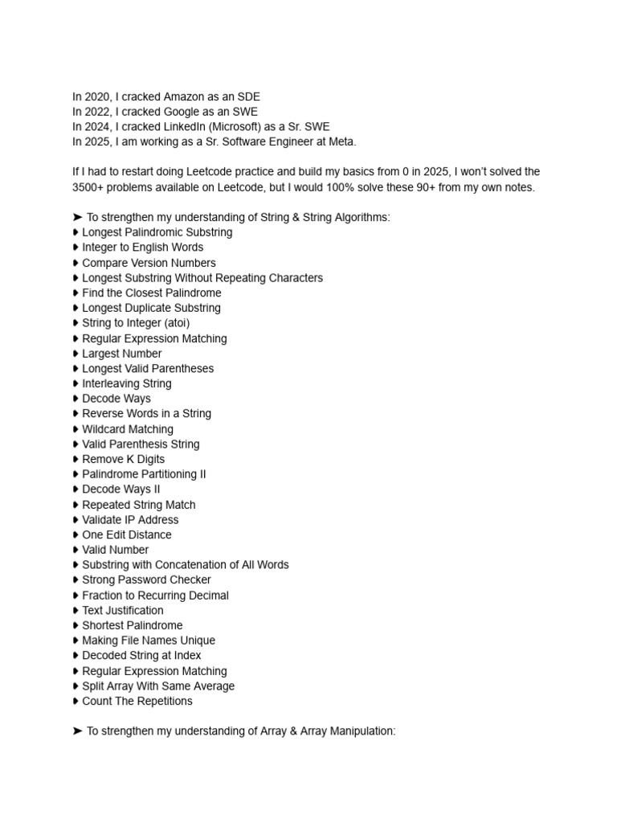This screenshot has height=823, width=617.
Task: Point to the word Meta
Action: [341, 142]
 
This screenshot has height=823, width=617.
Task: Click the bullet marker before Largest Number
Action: [76, 354]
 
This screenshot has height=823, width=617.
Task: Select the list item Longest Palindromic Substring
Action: [157, 232]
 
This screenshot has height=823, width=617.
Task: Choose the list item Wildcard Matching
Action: [127, 429]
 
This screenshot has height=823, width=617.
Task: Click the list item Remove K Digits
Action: [123, 459]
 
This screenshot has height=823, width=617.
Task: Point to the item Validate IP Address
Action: [130, 520]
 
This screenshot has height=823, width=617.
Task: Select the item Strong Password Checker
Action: [146, 579]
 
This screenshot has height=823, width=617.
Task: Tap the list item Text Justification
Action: [122, 610]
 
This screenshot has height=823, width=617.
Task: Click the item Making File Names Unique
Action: [148, 641]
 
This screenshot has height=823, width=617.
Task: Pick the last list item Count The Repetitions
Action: [137, 701]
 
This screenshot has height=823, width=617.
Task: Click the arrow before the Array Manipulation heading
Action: [78, 731]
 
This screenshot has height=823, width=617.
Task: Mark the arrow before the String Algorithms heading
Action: [78, 217]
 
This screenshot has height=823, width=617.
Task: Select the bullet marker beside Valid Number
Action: [76, 550]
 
